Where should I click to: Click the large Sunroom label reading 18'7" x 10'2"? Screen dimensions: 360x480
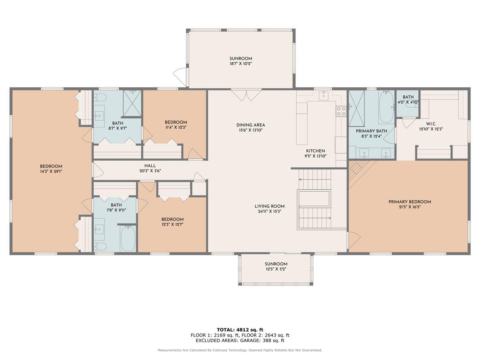click(x=240, y=61)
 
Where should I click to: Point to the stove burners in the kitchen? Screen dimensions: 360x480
click(x=341, y=111)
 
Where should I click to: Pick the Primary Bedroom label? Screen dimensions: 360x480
click(x=410, y=202)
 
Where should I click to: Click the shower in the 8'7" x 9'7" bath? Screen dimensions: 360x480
click(x=132, y=102)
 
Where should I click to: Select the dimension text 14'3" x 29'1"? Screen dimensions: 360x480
click(x=51, y=172)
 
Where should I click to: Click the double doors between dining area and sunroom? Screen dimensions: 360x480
click(x=242, y=95)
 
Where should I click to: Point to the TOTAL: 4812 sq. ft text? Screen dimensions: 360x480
click(x=240, y=330)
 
